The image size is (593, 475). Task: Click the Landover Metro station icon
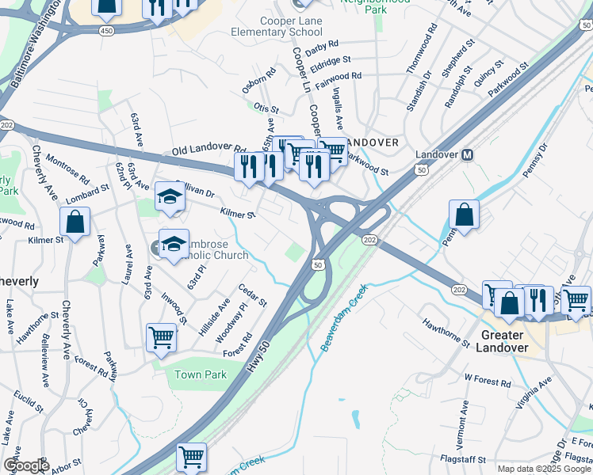pos(467,154)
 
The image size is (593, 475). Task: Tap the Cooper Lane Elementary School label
pos(269,26)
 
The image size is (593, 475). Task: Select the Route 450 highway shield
pos(106,29)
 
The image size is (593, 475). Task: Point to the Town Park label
pos(196,374)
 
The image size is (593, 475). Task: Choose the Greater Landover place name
pos(503,341)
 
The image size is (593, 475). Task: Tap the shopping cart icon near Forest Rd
pos(161,338)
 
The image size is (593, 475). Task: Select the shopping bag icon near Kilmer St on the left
pos(75,223)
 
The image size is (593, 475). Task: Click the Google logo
pos(25,465)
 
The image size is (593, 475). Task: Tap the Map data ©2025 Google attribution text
pos(543,469)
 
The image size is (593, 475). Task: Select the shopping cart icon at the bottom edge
pos(191,457)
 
